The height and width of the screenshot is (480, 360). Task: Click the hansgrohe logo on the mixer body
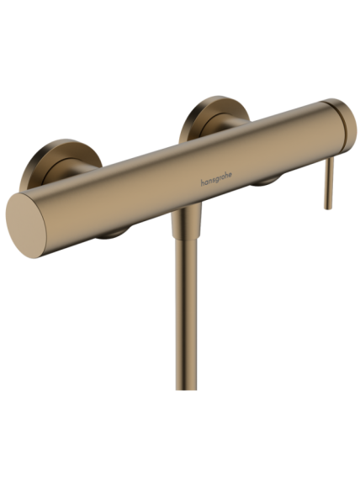click(216, 179)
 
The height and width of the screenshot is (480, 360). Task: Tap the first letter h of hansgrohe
click(203, 182)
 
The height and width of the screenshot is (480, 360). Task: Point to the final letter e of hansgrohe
click(230, 175)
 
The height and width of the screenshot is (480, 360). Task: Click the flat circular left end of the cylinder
click(26, 225)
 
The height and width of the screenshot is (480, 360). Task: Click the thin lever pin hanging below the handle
click(328, 182)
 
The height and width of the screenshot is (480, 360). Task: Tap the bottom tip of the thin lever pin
click(328, 208)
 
